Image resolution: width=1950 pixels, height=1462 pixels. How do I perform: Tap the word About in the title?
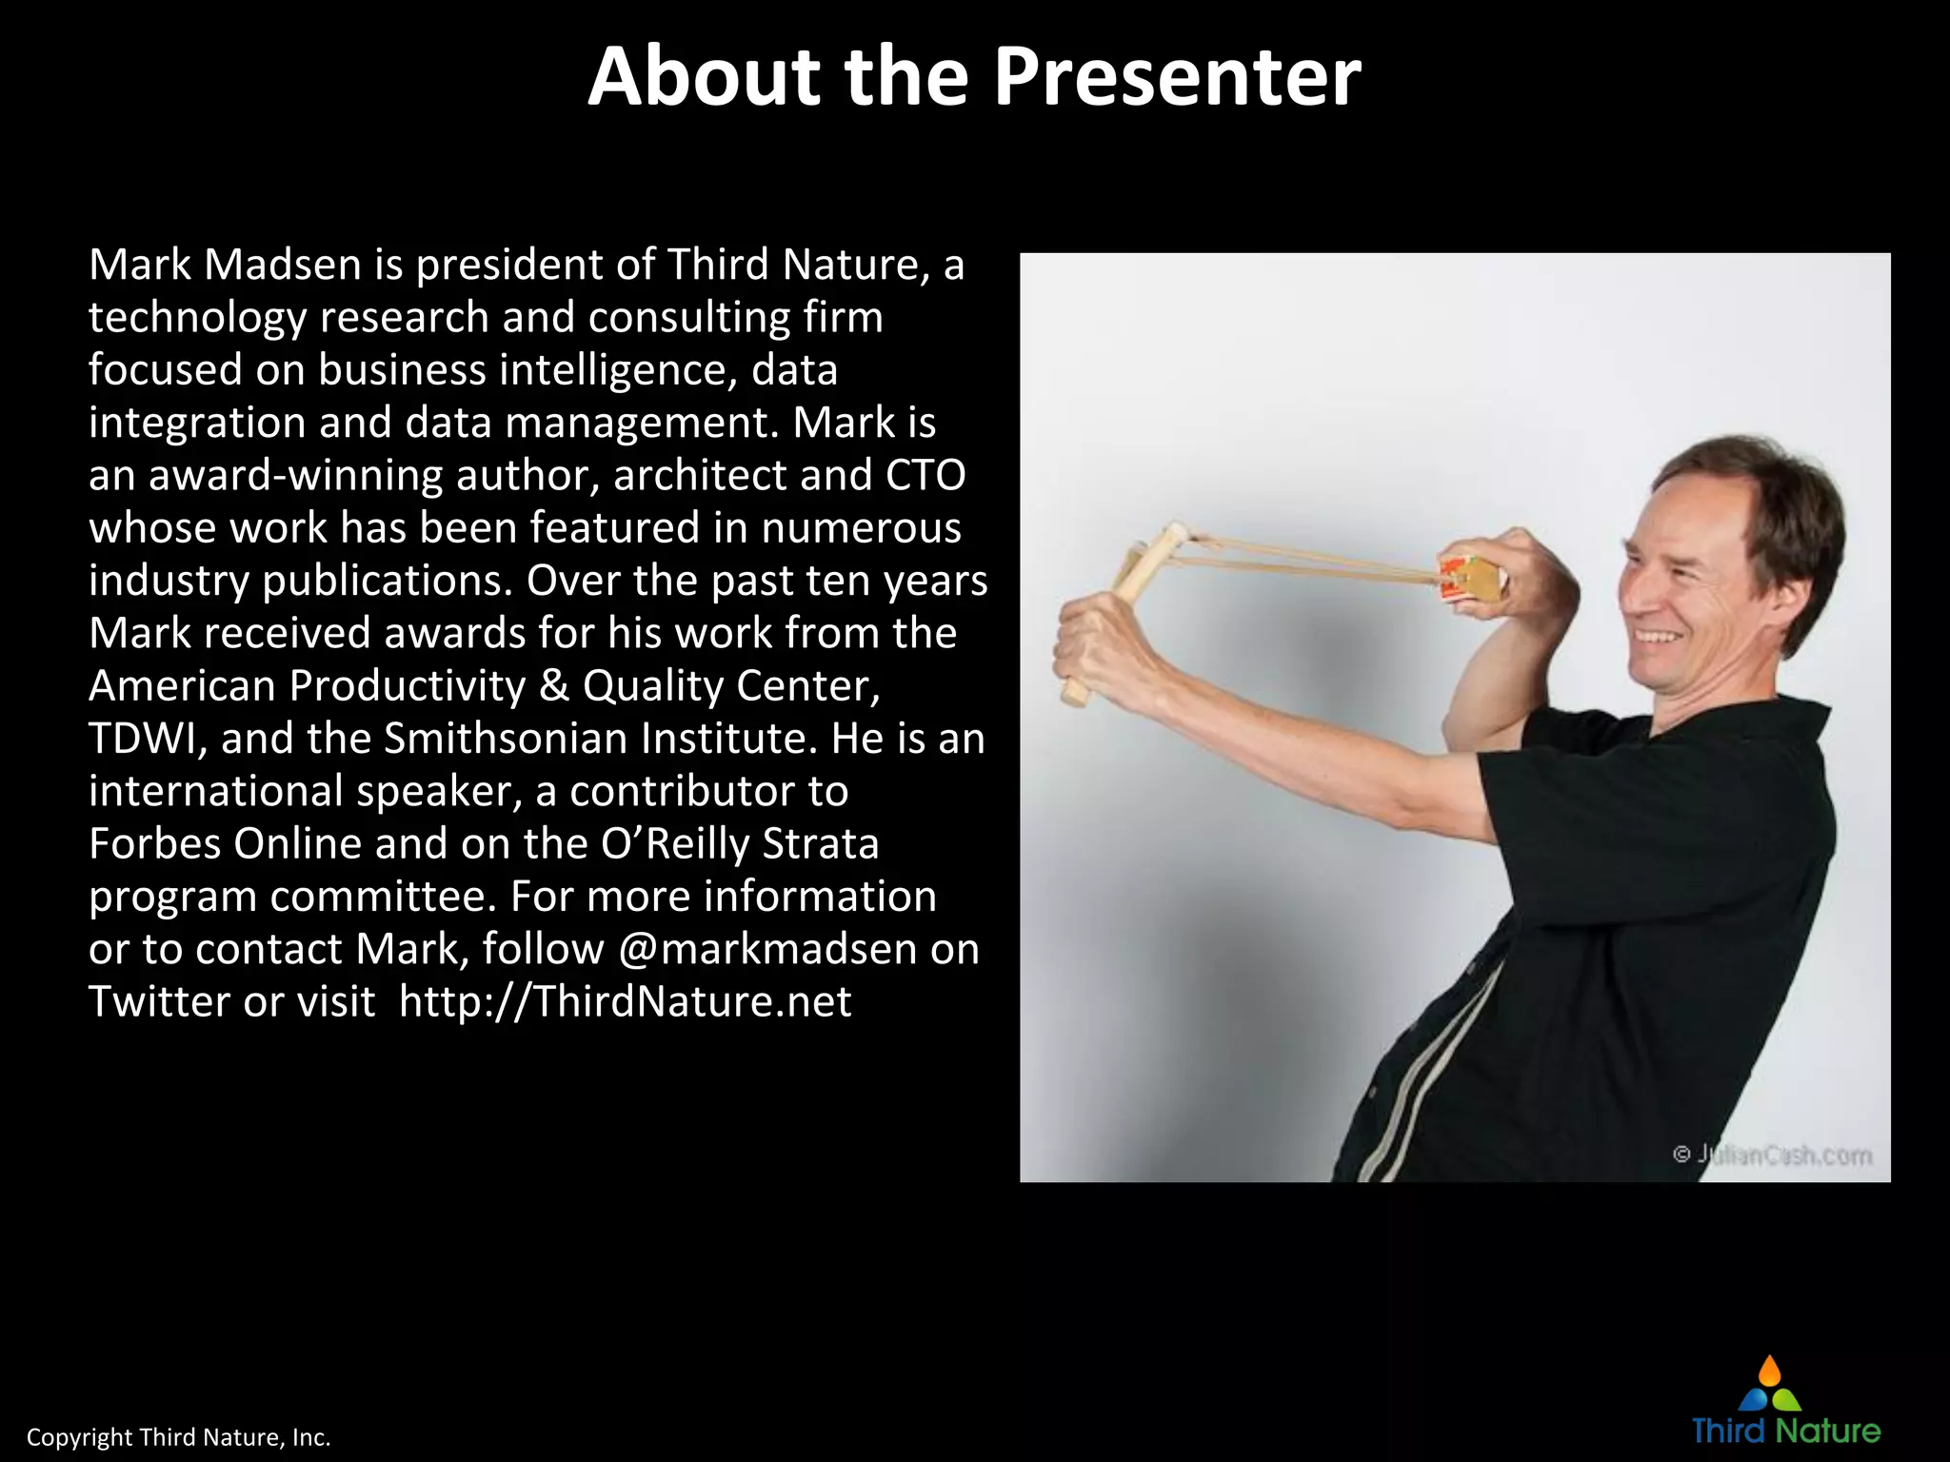pyautogui.click(x=704, y=76)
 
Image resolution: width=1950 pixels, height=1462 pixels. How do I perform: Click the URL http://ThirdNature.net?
pyautogui.click(x=625, y=1001)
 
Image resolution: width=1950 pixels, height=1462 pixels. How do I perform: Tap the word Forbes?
pyautogui.click(x=150, y=844)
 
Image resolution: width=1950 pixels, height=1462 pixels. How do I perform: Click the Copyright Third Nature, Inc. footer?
pyautogui.click(x=178, y=1437)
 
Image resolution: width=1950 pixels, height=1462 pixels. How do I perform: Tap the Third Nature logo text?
pyautogui.click(x=1786, y=1432)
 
